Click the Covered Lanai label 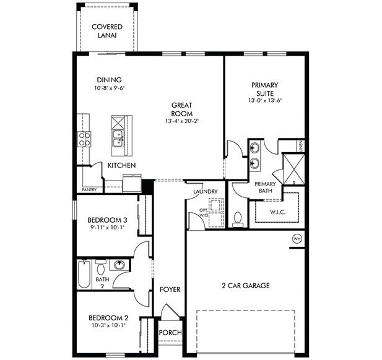click(106, 31)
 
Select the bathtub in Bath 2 click(84, 273)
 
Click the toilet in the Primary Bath click(238, 218)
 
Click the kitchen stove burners click(84, 139)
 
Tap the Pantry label click(89, 190)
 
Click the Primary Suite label click(264, 90)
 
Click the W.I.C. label click(277, 212)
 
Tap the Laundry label click(204, 192)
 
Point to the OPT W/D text click(203, 213)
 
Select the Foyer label click(170, 289)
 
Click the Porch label click(170, 333)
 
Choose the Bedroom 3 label click(106, 220)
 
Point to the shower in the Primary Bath click(292, 167)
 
